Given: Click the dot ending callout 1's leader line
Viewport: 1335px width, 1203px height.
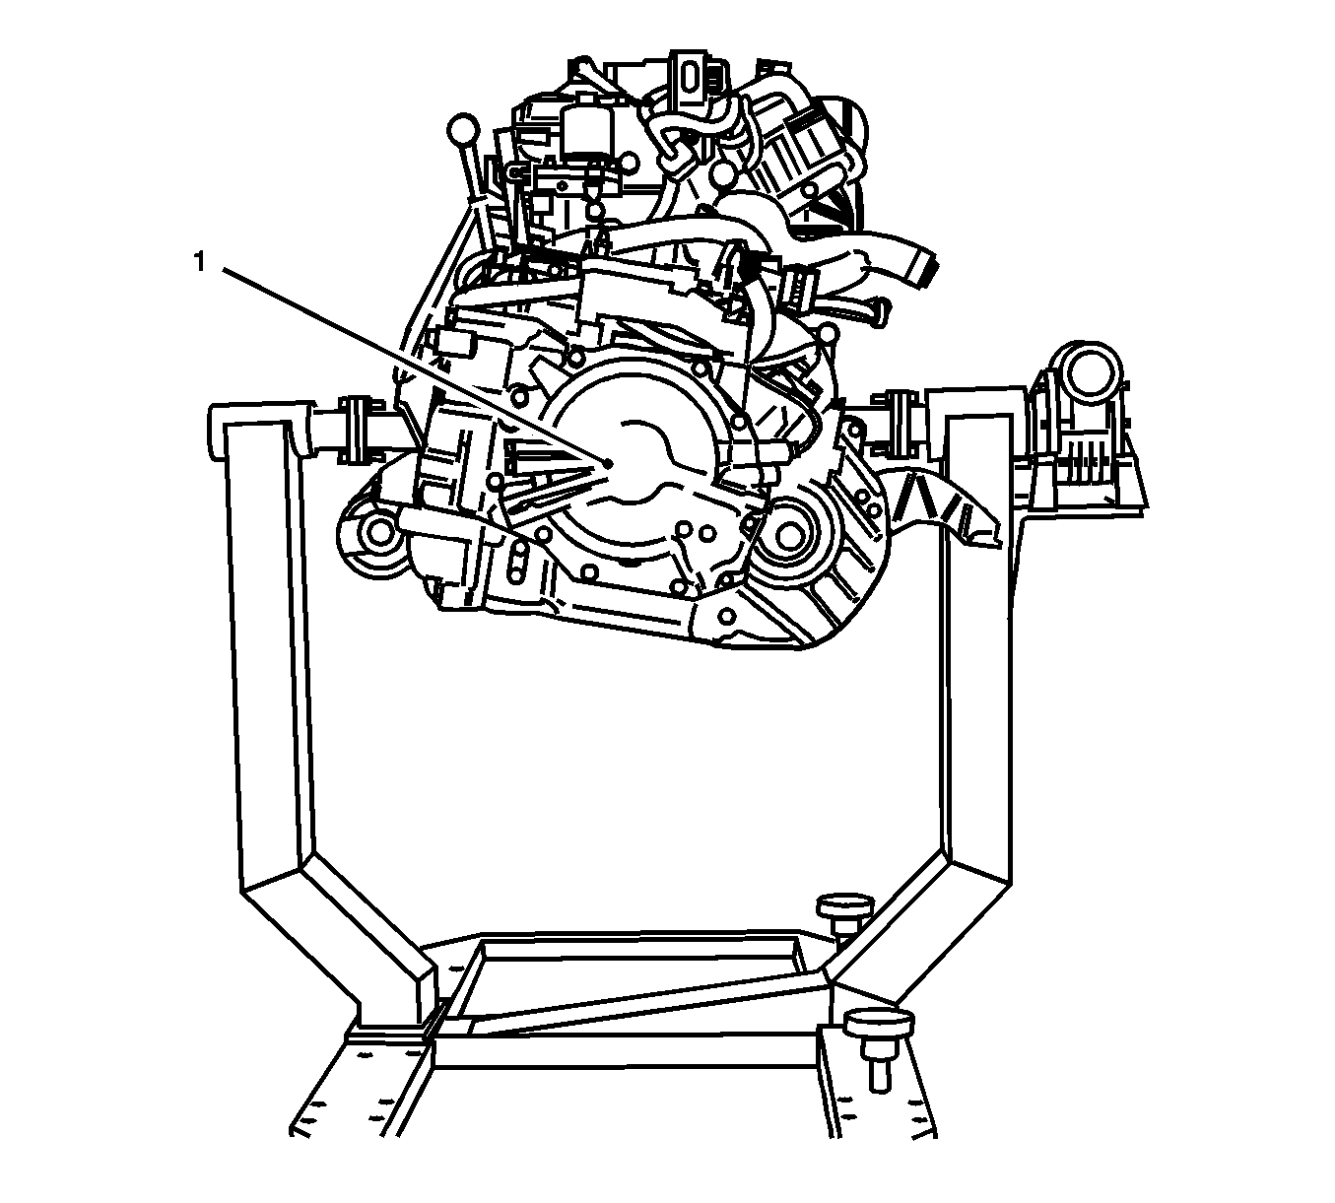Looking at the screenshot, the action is click(608, 462).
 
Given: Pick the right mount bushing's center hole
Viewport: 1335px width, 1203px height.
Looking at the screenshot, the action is click(787, 536).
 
